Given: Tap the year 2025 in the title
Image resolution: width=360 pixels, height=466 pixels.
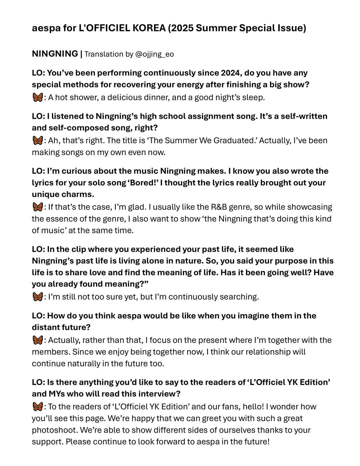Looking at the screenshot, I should coord(182,28).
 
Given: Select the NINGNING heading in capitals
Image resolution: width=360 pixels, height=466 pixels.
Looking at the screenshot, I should coord(55,54).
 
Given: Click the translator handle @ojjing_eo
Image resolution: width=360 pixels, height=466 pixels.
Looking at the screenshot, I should coord(155,54).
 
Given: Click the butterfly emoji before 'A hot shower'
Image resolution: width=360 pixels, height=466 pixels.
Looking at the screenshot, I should coord(38,97).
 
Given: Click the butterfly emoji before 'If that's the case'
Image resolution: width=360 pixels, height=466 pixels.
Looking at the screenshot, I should coord(38,207).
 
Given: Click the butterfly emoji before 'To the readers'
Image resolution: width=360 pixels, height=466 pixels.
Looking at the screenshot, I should coord(38,407).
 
